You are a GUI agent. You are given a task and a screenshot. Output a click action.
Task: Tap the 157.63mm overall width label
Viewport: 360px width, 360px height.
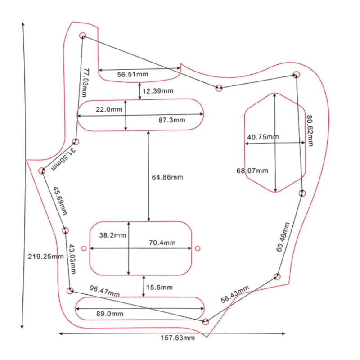179,338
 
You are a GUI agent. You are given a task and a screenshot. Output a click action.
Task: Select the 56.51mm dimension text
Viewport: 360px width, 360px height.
132,75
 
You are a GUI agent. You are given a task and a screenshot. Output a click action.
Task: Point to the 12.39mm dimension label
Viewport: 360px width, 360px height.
157,91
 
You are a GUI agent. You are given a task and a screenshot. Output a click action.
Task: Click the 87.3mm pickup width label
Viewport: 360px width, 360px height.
172,120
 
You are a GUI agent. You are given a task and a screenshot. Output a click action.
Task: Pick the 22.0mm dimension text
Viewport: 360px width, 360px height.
108,109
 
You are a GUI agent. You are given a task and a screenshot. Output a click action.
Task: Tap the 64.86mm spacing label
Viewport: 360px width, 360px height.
167,177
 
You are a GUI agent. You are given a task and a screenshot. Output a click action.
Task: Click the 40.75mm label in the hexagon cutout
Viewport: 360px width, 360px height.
263,137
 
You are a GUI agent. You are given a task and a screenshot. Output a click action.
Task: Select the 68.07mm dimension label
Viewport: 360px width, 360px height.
252,171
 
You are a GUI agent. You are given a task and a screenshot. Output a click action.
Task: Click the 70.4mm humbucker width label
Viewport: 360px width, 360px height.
162,243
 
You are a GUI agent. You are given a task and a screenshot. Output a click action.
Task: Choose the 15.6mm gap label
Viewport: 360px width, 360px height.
159,287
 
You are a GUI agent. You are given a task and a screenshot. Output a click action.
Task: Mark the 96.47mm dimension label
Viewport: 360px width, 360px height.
104,291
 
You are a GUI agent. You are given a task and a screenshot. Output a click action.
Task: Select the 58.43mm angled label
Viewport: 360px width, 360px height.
234,295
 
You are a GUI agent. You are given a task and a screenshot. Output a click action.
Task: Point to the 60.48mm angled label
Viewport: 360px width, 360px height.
283,237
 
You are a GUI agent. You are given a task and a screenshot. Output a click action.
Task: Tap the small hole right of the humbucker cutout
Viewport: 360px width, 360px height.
198,248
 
